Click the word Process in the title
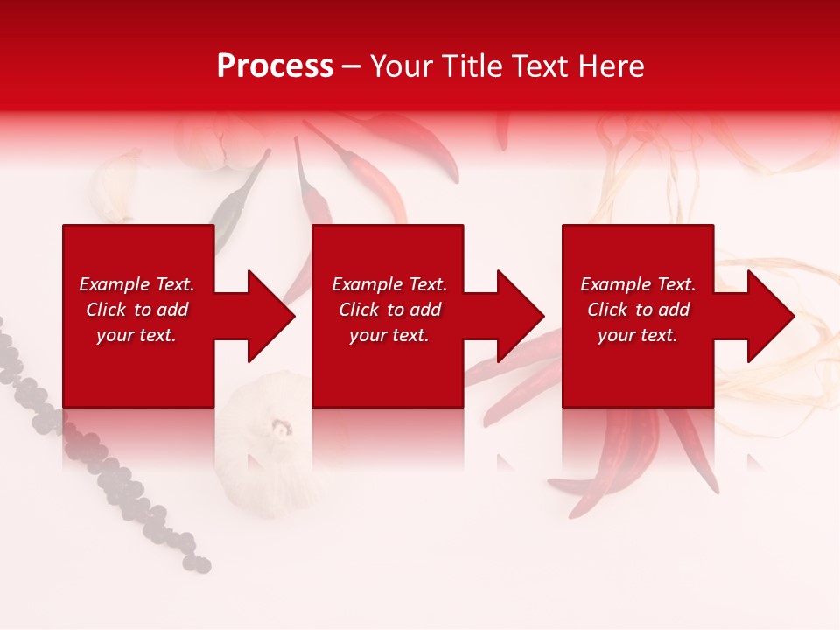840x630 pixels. [x=275, y=66]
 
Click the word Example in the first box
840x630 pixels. [x=114, y=284]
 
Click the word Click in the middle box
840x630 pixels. [x=360, y=310]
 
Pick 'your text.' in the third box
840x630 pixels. [x=637, y=335]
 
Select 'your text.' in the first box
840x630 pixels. [x=136, y=335]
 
